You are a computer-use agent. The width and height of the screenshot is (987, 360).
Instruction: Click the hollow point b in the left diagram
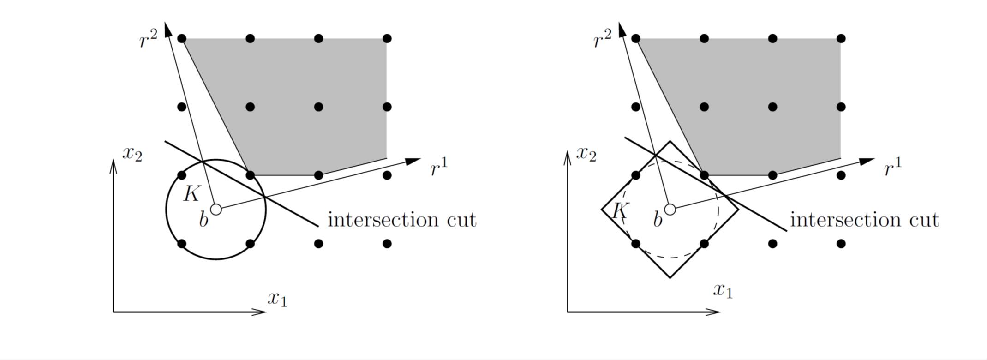pos(216,210)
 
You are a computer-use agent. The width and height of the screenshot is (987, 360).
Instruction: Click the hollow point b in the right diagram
pos(670,210)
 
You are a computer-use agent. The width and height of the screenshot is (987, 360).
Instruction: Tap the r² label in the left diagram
pos(149,40)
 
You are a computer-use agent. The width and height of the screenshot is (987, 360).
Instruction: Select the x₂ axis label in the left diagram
pos(132,154)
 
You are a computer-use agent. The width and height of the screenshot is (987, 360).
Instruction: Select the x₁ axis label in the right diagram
pos(723,290)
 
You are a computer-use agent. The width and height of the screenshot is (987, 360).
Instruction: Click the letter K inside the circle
pos(191,194)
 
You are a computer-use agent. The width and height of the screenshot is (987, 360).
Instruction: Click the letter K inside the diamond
pos(619,211)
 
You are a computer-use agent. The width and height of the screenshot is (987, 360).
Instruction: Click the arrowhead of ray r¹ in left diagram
pos(413,161)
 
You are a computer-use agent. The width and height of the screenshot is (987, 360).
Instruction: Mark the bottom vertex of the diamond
pos(670,278)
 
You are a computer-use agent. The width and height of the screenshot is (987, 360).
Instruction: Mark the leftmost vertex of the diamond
pos(602,210)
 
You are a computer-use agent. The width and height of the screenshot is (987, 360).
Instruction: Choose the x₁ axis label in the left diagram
pos(277,300)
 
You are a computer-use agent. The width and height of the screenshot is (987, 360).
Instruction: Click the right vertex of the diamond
pos(738,210)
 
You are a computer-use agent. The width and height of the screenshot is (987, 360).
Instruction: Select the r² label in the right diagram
pos(602,40)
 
